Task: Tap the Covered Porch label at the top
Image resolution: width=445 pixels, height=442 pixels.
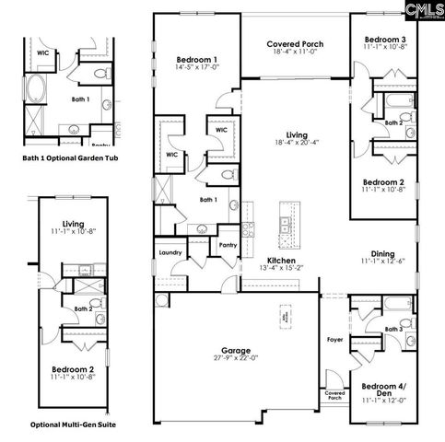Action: coord(295,44)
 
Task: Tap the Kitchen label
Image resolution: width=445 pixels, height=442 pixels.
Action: coord(280,261)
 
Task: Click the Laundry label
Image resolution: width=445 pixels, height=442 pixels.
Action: coord(170,251)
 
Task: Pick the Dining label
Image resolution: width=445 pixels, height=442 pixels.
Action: coord(383,254)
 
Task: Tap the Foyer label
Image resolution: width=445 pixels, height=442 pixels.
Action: coord(334,340)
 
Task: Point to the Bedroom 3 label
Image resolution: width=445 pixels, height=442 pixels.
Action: coord(384,40)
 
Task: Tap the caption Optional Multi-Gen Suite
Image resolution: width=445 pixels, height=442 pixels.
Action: coord(73,425)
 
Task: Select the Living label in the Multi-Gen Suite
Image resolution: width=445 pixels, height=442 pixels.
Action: coord(73,223)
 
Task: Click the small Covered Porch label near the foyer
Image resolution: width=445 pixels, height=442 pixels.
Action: coord(334,395)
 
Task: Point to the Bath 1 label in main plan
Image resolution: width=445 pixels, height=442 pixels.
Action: coord(209,199)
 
